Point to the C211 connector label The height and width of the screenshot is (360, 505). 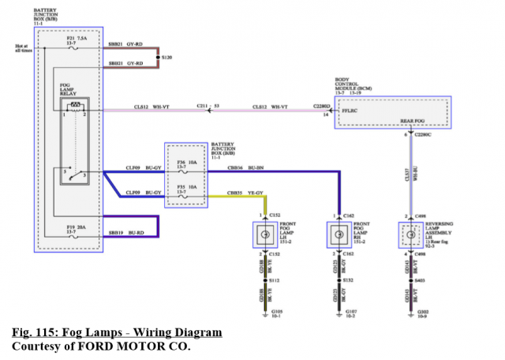203,105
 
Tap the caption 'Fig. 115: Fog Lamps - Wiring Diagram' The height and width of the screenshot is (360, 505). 117,332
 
